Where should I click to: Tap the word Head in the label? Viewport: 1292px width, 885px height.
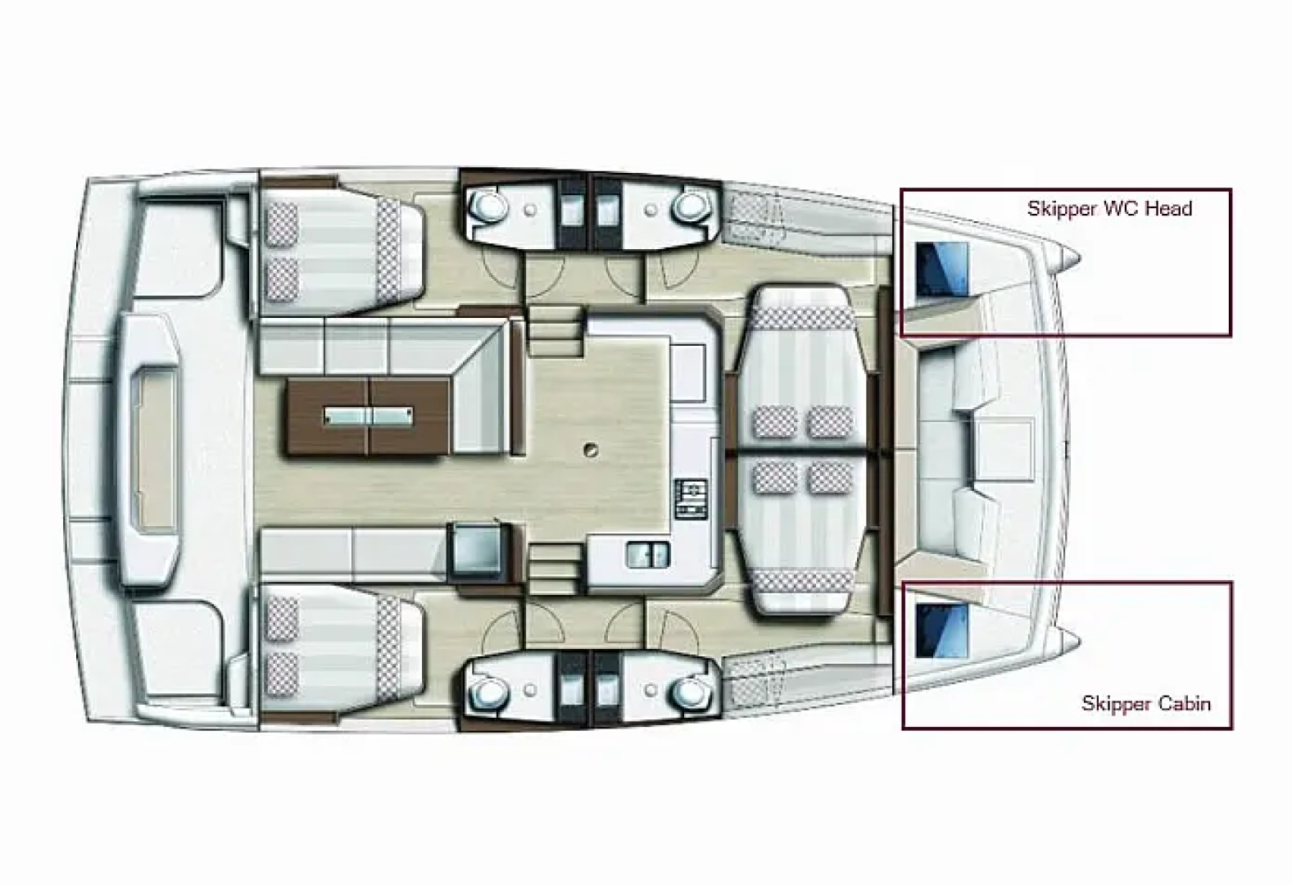(1169, 208)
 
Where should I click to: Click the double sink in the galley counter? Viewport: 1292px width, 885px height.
(647, 555)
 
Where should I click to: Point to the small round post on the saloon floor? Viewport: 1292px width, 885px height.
(589, 449)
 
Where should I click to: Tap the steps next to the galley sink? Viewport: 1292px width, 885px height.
(553, 564)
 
